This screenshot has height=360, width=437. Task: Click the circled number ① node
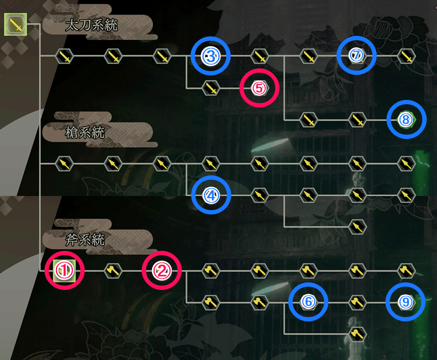65,270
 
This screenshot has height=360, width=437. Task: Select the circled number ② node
162,270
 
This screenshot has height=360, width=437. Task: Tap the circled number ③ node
211,55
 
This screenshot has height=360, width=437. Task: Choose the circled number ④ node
211,194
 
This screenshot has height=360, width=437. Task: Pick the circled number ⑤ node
259,87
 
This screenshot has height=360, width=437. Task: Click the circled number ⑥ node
308,301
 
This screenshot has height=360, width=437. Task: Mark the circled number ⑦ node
356,55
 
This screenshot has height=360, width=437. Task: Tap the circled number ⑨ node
406,301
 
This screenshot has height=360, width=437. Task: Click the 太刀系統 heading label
91,25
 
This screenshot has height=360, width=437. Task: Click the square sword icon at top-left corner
15,24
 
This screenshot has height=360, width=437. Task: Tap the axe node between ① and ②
113,270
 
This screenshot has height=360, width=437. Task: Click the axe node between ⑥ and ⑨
357,301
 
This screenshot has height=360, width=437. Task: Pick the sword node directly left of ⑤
211,87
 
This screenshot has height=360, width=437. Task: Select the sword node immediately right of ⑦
406,55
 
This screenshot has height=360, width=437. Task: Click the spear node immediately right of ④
259,194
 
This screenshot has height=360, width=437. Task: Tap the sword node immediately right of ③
259,55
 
